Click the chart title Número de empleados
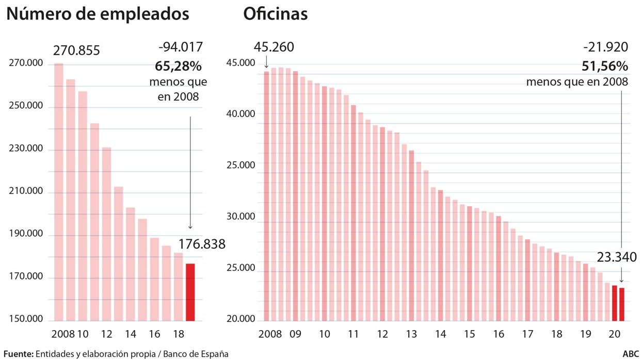tap(98, 14)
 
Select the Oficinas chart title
tap(275, 14)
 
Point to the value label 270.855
tap(76, 51)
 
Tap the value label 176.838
tap(202, 244)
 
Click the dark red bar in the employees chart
tap(190, 292)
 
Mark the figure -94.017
tap(181, 47)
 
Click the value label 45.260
tap(273, 47)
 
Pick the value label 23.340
tap(617, 257)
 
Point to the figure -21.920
tap(606, 47)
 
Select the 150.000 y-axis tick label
tap(26, 319)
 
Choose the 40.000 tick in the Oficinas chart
tap(240, 114)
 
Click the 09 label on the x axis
tap(295, 334)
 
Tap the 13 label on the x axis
tap(411, 334)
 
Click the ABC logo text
tap(631, 354)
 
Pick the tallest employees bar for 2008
tap(59, 191)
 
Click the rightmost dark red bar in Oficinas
tap(622, 304)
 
